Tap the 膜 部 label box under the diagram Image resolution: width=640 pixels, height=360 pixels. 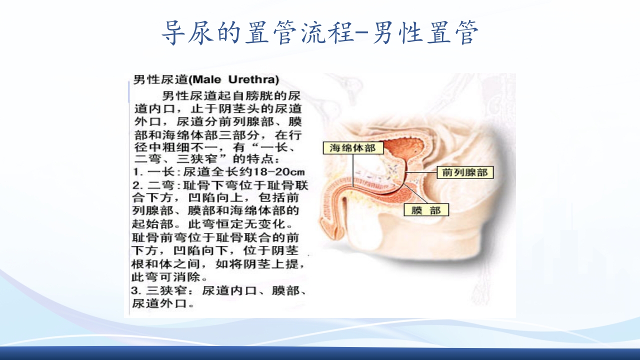tap(426, 210)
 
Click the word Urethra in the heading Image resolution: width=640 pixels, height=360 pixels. tap(253, 79)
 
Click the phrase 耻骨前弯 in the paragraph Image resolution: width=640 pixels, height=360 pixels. tap(158, 237)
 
